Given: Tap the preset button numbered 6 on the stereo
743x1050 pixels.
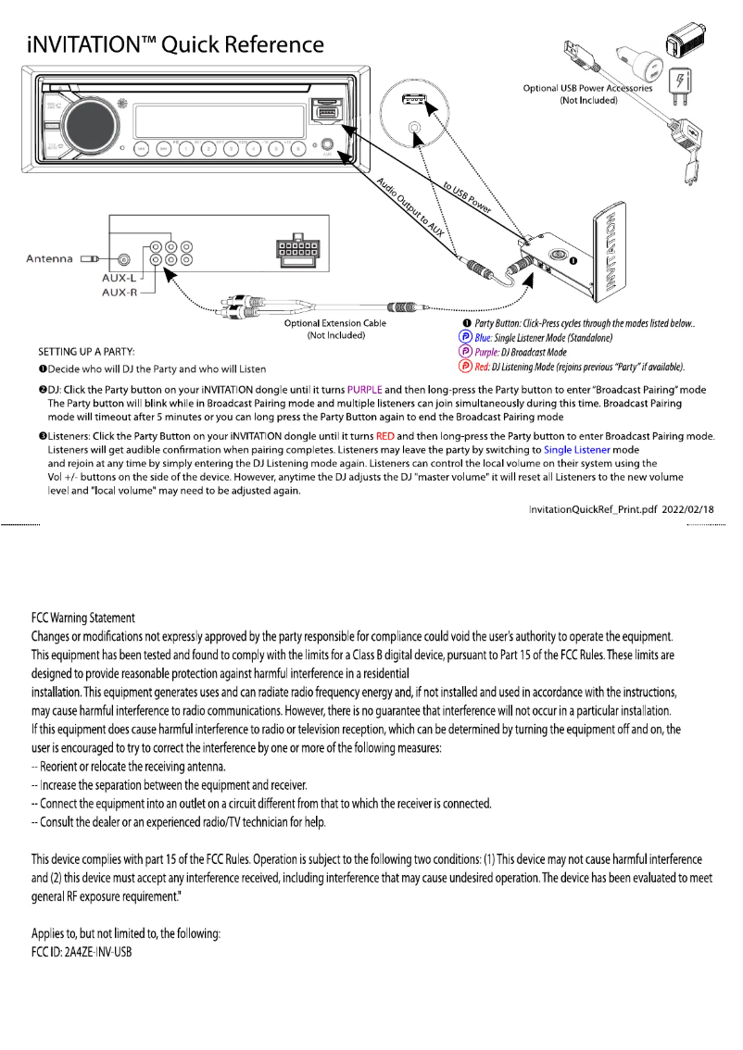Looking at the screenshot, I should coord(297,148).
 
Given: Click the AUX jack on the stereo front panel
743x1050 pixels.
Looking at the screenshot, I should coord(327,146).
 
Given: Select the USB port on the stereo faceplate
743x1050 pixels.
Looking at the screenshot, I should coord(326,113).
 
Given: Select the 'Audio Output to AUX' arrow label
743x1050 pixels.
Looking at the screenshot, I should coord(414,212).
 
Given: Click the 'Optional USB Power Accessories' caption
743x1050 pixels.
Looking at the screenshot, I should coord(587,88).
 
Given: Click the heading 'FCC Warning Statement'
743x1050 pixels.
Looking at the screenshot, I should coord(83,618).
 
